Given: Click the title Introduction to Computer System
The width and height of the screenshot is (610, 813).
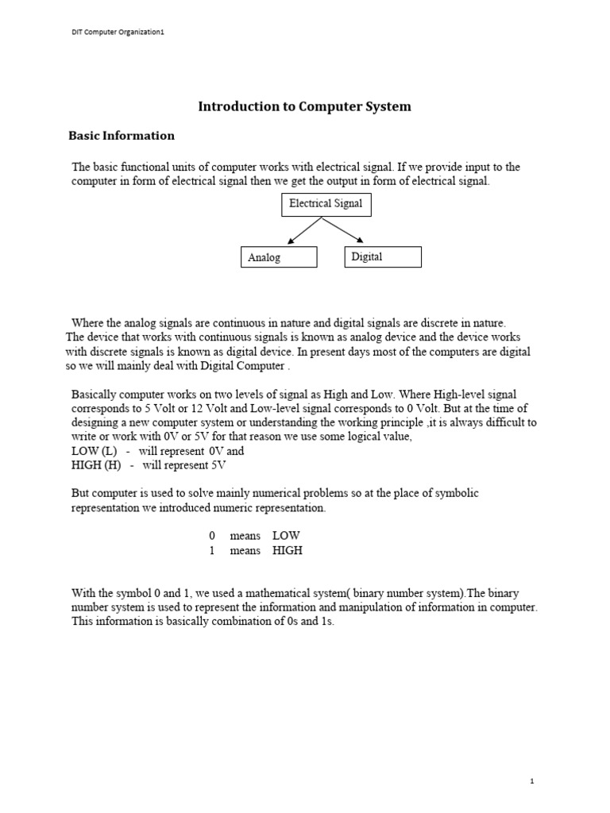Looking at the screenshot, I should [304, 106].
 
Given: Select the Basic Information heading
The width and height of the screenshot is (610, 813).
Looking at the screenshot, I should [122, 136].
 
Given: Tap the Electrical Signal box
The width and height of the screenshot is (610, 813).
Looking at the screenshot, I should [326, 204].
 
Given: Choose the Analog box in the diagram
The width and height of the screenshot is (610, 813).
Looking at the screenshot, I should [279, 257].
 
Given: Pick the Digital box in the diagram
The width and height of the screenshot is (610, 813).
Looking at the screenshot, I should [382, 256].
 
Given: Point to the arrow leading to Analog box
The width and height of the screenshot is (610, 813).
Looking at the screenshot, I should [303, 231].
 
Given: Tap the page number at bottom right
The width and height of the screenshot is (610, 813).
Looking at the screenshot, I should [532, 781].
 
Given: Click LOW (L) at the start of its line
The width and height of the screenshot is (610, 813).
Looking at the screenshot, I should [94, 451].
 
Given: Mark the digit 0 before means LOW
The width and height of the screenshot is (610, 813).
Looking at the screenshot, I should [212, 537].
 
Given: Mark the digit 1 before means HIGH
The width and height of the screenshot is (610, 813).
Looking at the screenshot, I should [212, 551].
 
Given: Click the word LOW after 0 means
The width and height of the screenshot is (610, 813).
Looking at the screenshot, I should [286, 537].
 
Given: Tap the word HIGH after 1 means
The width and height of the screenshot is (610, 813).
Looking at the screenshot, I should [288, 551].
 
